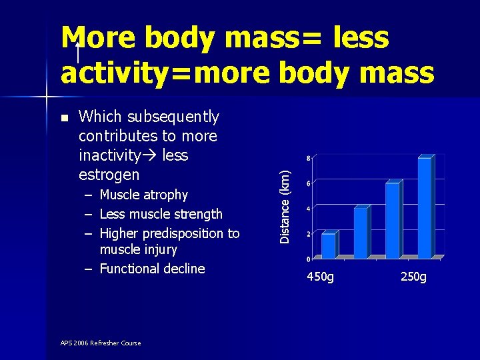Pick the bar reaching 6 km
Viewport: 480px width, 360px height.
(x=394, y=219)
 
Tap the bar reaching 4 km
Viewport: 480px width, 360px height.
(x=362, y=232)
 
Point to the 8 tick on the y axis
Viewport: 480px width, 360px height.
(x=308, y=158)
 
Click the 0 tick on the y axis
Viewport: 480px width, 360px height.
(x=308, y=259)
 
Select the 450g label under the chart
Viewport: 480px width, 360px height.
(x=320, y=277)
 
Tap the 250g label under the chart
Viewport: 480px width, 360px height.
(x=413, y=277)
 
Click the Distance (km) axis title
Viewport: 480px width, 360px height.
(x=285, y=207)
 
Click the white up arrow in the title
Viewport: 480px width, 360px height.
(x=78, y=53)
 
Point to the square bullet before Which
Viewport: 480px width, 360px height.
(x=65, y=118)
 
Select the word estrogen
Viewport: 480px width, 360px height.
(x=109, y=175)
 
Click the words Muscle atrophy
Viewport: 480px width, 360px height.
(x=144, y=195)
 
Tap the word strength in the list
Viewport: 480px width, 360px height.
(x=198, y=214)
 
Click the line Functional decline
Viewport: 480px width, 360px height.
(x=152, y=269)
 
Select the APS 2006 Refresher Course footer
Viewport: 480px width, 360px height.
(x=101, y=343)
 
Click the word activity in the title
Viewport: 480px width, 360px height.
(x=116, y=73)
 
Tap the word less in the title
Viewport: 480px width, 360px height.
(x=361, y=37)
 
